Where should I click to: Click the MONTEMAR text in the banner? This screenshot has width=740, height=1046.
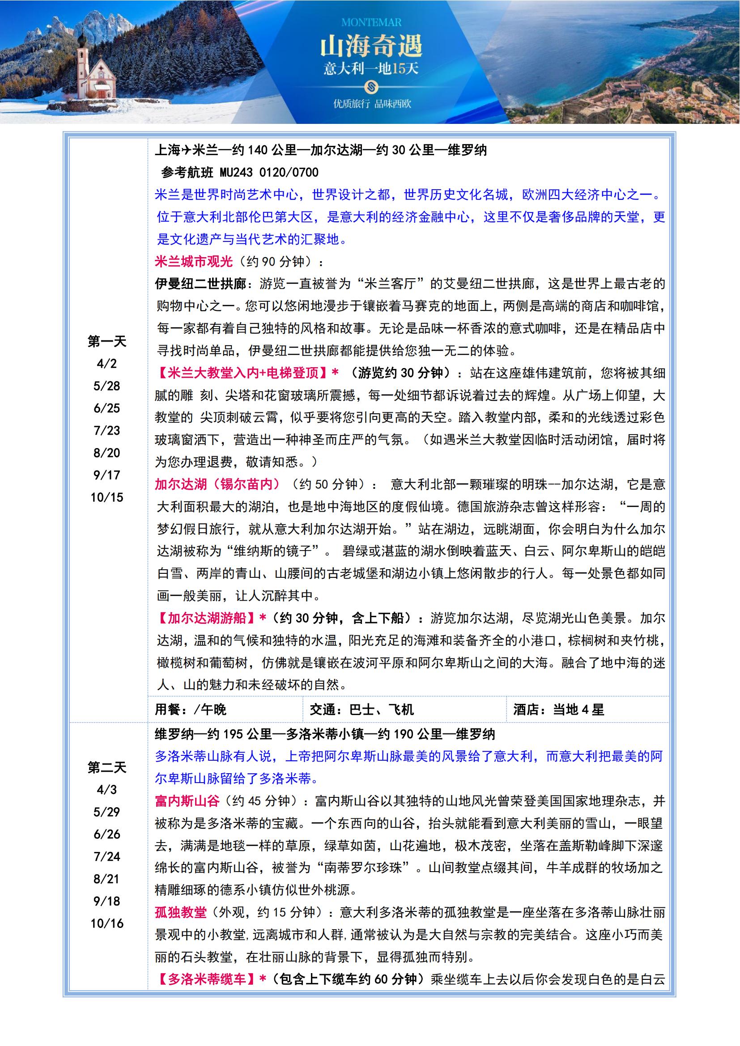point(371,22)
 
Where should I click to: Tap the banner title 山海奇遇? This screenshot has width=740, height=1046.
point(371,47)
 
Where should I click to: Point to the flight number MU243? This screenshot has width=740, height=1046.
point(237,173)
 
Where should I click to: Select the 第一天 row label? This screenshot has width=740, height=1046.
point(106,341)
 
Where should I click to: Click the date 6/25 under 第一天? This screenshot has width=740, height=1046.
point(106,408)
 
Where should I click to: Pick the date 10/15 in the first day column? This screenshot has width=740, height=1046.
point(106,497)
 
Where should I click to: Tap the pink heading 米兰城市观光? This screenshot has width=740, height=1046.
point(194,262)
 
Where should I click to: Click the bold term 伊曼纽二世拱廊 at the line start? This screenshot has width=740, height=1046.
point(200,284)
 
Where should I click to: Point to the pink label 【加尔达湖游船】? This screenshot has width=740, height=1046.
point(207,618)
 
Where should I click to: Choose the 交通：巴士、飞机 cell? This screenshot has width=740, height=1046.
point(362,709)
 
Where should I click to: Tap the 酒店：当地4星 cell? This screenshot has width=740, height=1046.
point(558,709)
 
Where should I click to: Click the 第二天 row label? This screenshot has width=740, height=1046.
point(106,767)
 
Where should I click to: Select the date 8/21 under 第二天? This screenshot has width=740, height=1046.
point(106,879)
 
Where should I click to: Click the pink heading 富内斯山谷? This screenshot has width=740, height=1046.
point(187,801)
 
